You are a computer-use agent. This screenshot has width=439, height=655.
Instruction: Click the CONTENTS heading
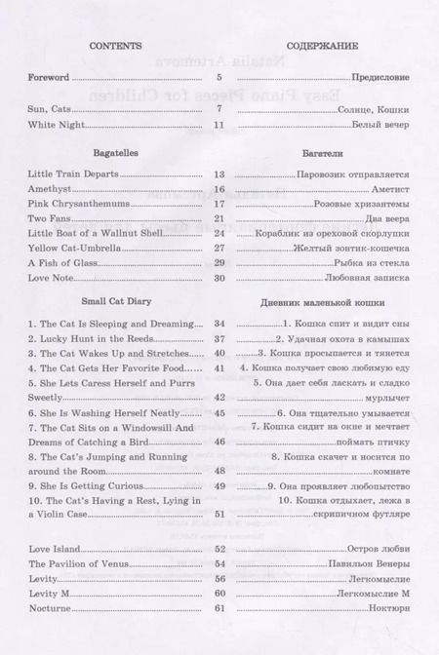click(x=116, y=46)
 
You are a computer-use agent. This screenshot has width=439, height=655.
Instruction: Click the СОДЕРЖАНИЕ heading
click(x=325, y=46)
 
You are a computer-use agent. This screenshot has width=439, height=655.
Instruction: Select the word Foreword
click(x=50, y=76)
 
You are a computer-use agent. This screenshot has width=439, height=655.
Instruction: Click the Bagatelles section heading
click(x=116, y=154)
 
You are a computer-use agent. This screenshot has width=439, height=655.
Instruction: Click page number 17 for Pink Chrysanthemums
click(x=219, y=204)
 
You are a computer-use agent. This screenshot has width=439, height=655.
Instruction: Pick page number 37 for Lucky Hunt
click(x=219, y=338)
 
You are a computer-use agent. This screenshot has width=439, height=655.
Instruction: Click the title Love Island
click(x=56, y=549)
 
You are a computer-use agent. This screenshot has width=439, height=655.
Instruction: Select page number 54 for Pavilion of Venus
click(x=219, y=563)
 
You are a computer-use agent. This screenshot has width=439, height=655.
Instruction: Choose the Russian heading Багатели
click(x=325, y=154)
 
